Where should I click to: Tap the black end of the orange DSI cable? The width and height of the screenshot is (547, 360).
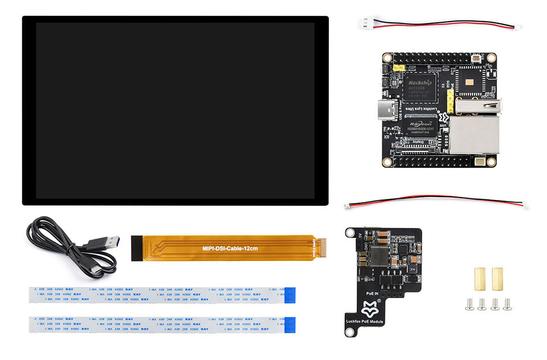click(x=136, y=249)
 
